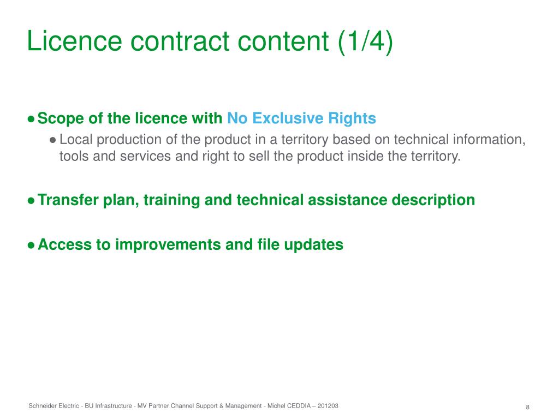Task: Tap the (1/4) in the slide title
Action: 365,41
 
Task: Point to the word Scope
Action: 61,118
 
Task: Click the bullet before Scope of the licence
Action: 31,118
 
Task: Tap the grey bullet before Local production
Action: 53,140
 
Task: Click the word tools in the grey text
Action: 74,156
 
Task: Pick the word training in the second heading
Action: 171,200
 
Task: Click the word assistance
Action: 347,200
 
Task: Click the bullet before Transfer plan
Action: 31,201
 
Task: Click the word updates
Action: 313,245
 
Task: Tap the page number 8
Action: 528,407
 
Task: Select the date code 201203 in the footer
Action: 328,406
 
